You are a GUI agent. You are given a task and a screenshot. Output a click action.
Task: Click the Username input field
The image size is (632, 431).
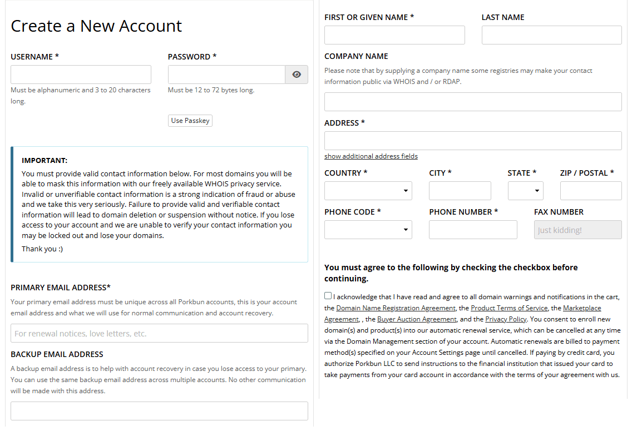81,75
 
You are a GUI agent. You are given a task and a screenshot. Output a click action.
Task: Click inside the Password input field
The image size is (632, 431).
226,75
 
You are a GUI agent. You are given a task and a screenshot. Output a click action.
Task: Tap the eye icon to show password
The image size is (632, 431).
297,75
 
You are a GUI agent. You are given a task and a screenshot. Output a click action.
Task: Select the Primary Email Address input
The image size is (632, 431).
159,333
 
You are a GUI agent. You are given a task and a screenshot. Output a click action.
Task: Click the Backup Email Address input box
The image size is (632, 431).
159,411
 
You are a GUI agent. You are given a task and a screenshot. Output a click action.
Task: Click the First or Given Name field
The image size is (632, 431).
394,35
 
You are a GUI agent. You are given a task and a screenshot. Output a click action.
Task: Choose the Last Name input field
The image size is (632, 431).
551,35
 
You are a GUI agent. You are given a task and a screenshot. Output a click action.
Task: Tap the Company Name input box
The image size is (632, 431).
473,102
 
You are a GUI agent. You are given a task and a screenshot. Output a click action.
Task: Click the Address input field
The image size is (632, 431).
473,141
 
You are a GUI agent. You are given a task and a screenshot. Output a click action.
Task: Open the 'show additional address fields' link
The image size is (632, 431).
371,156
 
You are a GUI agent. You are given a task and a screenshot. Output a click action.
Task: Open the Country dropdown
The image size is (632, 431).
368,191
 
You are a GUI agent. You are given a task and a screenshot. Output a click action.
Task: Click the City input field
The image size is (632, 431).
460,191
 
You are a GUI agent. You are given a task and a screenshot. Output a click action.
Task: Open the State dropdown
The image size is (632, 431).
525,191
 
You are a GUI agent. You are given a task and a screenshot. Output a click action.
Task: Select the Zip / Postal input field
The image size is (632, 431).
591,191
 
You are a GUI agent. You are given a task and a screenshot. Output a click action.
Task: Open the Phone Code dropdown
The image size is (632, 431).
368,230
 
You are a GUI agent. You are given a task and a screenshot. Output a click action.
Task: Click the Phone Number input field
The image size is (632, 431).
473,230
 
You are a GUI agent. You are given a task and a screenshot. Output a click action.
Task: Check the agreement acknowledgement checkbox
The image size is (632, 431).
328,296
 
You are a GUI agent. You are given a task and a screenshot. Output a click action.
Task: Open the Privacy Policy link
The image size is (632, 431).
506,319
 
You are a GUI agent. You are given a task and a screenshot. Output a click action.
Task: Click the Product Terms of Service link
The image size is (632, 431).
509,308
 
